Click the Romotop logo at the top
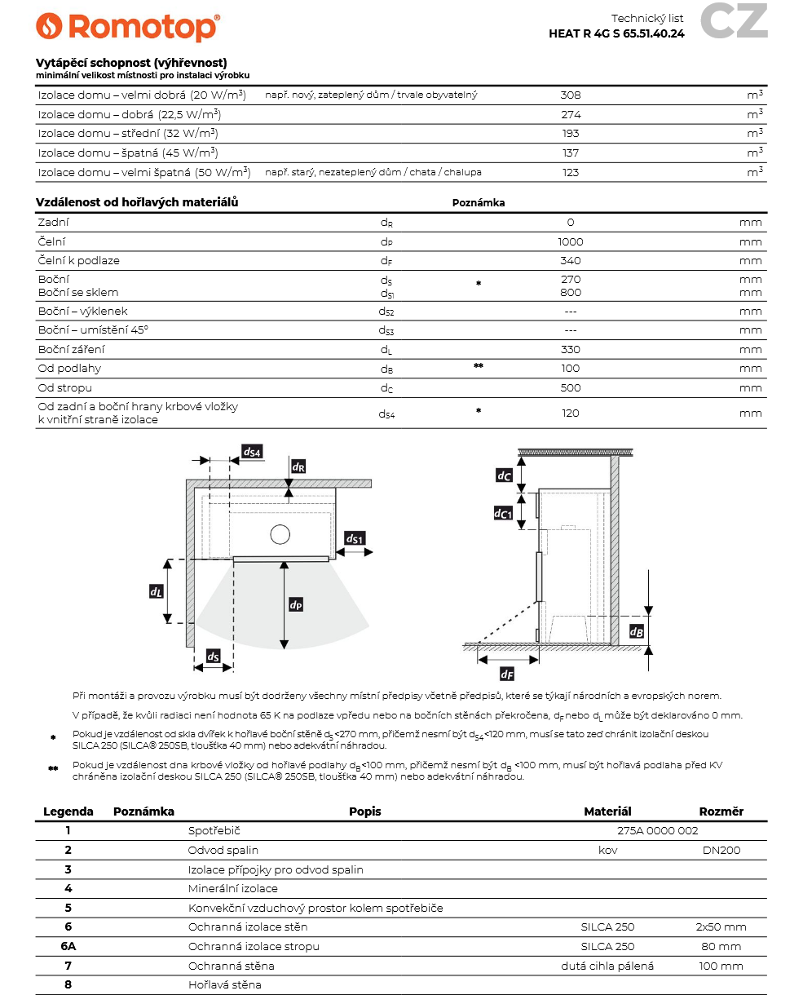[x=128, y=27]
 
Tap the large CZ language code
[x=734, y=22]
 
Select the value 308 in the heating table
[x=571, y=95]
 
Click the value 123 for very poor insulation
[x=571, y=172]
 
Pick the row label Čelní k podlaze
[x=79, y=261]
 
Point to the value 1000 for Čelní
[x=571, y=241]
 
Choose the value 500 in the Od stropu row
[x=571, y=388]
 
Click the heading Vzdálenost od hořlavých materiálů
[x=137, y=202]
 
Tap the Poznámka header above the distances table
[x=479, y=203]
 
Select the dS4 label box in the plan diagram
[x=252, y=451]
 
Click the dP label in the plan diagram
[x=296, y=604]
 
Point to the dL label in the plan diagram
[x=157, y=591]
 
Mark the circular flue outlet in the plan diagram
[x=280, y=534]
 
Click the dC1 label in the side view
[x=504, y=513]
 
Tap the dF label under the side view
[x=507, y=674]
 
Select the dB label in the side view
[x=638, y=631]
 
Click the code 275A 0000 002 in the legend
[x=658, y=831]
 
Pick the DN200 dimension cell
[x=721, y=851]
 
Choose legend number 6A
[x=68, y=947]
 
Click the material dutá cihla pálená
[x=607, y=966]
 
